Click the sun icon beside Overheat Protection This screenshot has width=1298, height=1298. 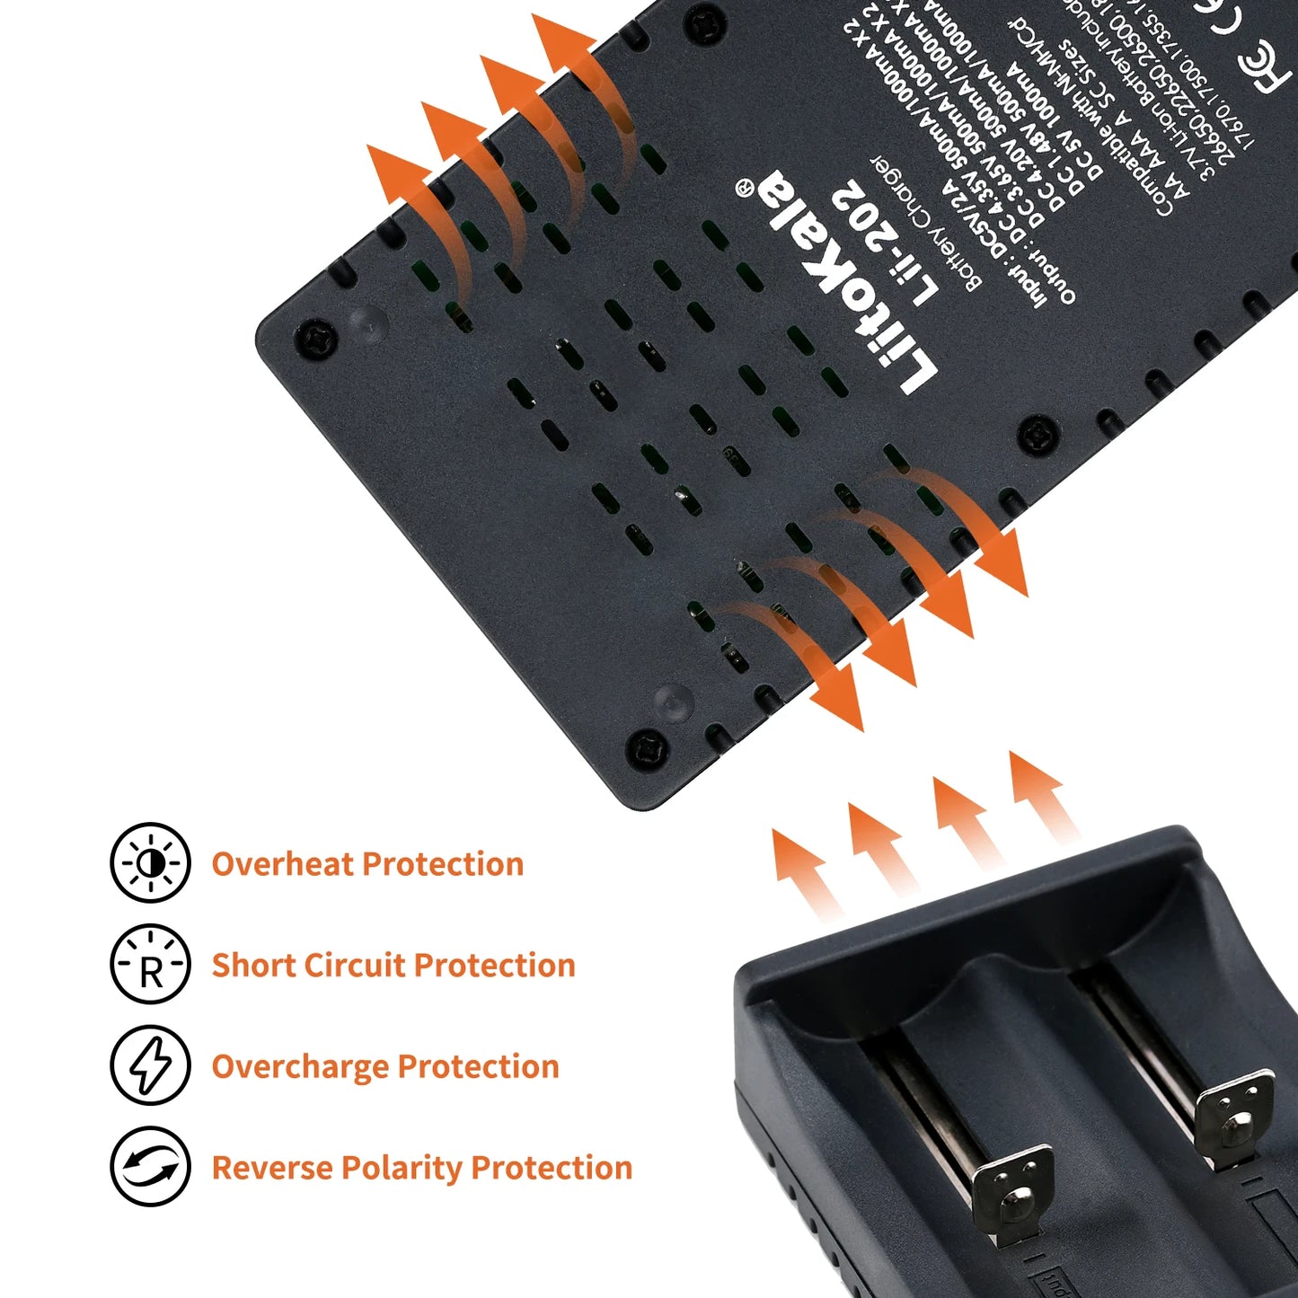tap(150, 863)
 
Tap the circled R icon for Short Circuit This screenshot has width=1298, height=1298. tap(150, 964)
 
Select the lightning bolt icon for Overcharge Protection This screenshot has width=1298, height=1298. tap(150, 1065)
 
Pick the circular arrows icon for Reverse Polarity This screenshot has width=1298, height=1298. tap(150, 1166)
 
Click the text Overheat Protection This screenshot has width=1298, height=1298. tap(367, 864)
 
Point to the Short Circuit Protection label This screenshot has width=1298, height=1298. tap(393, 966)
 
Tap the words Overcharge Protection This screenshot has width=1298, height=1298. tap(385, 1067)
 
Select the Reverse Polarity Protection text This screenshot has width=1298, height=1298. tap(422, 1168)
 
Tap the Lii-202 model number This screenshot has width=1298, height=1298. tap(885, 243)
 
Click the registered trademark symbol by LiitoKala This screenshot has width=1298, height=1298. tap(744, 187)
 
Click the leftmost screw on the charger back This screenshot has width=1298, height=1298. tap(316, 340)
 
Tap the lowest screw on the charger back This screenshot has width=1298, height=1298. tap(646, 747)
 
